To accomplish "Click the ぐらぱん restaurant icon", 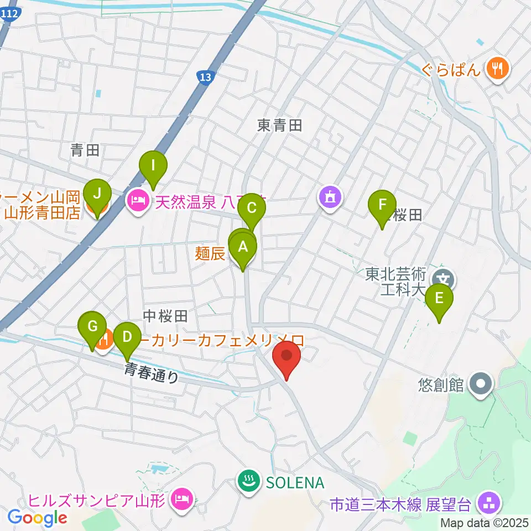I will coord(499,69).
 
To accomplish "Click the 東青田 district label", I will coord(280,126).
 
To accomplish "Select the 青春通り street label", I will coord(152,373).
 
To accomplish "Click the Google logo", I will coord(37,518).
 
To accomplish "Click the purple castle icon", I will coord(330,197).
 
